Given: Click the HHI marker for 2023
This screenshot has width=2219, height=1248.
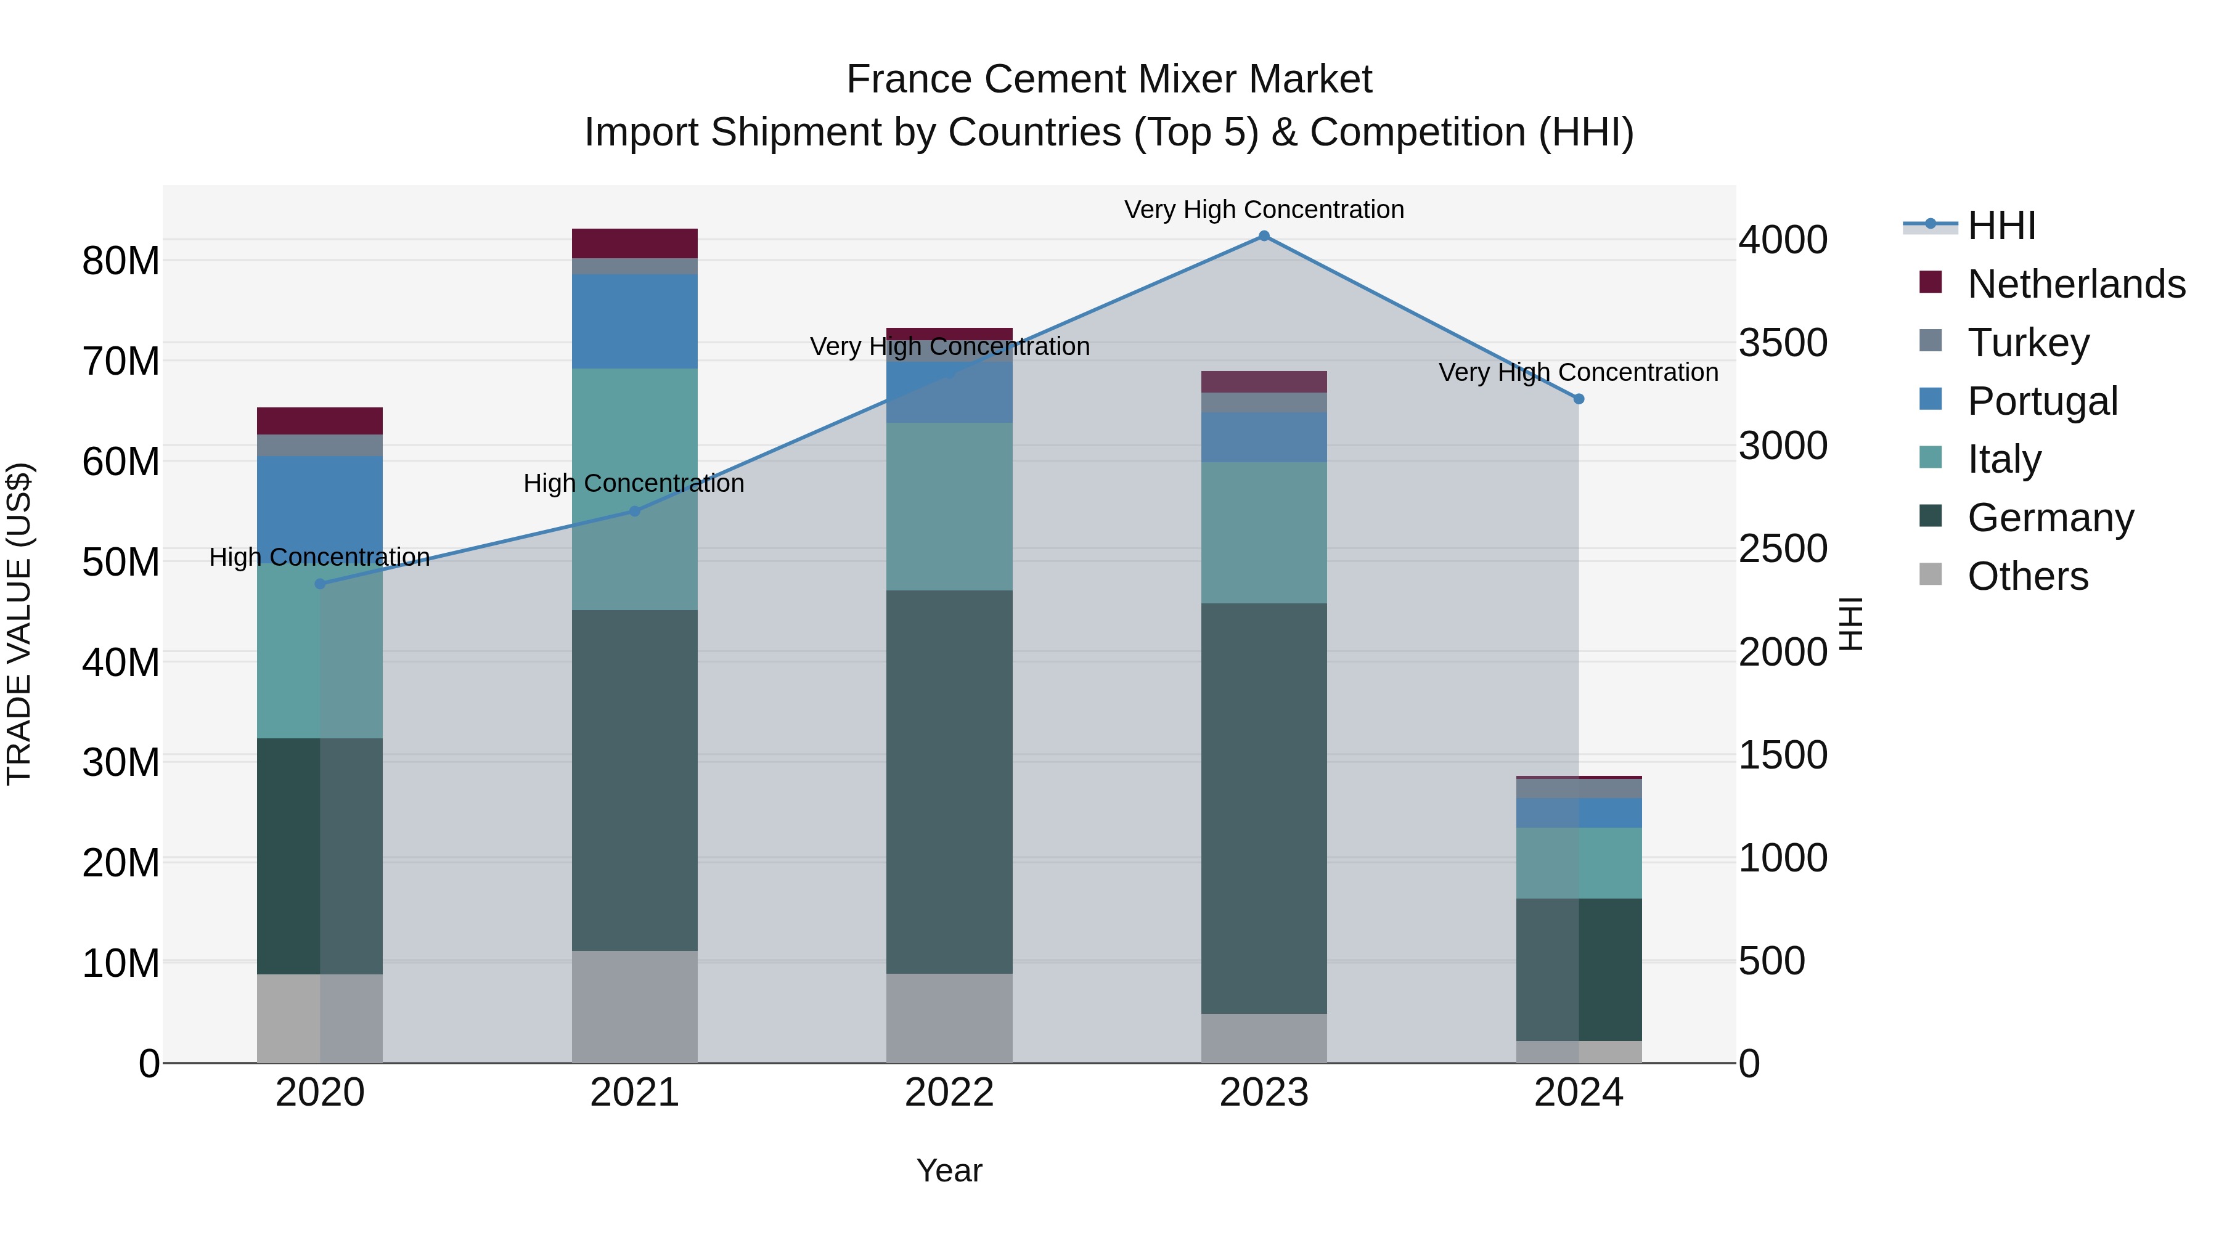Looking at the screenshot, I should [1264, 236].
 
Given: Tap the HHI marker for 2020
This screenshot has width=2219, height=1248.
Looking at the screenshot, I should [321, 584].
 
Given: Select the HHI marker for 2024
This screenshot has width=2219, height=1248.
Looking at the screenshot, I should [1578, 399].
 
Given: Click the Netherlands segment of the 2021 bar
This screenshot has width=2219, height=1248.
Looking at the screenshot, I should [635, 243].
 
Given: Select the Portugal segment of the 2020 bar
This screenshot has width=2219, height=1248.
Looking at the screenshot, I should [321, 508].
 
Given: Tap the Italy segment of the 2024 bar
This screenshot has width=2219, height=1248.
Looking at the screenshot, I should [1578, 863].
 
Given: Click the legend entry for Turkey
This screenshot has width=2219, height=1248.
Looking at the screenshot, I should [2028, 343].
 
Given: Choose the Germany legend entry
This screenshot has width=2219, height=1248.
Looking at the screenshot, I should [2050, 518].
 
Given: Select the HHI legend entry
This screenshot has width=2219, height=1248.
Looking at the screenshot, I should [2000, 226].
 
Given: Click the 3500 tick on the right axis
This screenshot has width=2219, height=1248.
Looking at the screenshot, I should [1782, 343].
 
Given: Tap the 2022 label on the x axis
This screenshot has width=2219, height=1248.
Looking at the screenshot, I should [949, 1093].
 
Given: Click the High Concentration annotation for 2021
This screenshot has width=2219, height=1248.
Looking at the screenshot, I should [634, 483].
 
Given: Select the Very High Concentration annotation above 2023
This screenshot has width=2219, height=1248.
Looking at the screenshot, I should [1264, 210].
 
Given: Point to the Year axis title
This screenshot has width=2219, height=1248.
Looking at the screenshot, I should [949, 1170].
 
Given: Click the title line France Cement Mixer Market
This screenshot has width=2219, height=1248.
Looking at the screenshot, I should [1109, 80].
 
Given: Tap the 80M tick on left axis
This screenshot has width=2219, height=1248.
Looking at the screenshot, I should [121, 261].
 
